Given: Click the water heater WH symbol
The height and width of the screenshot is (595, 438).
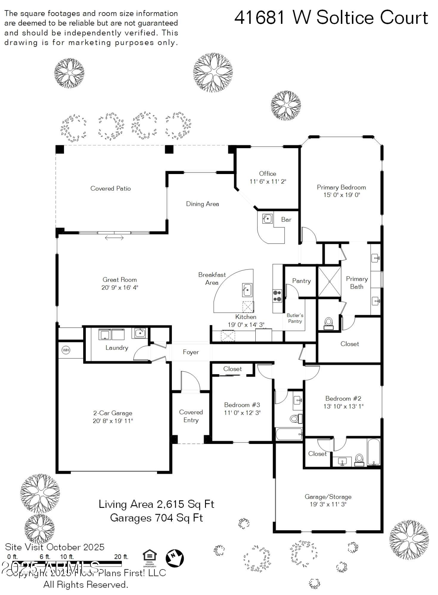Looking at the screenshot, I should [66, 350].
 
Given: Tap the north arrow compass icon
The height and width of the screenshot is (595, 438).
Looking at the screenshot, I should [175, 558].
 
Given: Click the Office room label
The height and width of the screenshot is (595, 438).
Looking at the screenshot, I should [267, 173].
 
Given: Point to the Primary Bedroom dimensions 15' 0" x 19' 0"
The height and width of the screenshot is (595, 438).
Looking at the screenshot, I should [342, 195].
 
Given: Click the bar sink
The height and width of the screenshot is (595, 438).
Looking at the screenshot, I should [267, 219].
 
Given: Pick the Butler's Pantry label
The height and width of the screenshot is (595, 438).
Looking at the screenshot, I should [295, 318].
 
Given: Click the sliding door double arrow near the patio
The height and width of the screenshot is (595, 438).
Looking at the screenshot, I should [114, 238].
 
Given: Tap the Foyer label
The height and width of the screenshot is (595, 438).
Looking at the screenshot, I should [191, 352].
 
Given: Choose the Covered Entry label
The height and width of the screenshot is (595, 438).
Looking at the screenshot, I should [191, 416].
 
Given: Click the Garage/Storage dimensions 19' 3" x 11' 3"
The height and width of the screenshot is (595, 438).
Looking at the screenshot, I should [328, 504].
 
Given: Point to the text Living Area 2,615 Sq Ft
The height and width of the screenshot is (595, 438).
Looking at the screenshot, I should [156, 504].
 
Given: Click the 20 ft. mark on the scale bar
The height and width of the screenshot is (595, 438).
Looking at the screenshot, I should [121, 557].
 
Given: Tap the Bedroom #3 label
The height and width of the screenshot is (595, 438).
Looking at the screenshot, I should [242, 405].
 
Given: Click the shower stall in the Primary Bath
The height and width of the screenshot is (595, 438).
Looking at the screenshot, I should [330, 281].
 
